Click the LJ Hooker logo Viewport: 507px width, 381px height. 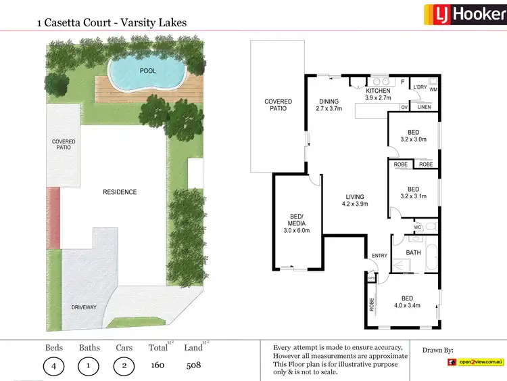[x=464, y=14]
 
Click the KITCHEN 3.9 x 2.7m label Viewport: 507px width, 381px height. [x=378, y=94]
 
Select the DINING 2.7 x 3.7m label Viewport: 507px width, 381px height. [x=329, y=105]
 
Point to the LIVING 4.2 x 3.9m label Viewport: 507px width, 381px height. [x=355, y=200]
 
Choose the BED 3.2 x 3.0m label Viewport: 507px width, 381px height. [x=413, y=136]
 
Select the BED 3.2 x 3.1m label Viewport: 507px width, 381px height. [x=413, y=193]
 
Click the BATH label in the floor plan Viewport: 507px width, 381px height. [x=414, y=253]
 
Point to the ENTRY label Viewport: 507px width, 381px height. [x=379, y=255]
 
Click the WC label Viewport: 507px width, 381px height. [x=417, y=226]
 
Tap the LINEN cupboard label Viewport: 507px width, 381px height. [x=424, y=107]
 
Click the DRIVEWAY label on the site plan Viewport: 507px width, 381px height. [x=84, y=307]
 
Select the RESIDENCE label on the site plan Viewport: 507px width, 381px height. [x=120, y=192]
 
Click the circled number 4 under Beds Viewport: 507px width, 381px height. [x=54, y=367]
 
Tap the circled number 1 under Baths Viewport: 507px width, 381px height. [x=89, y=367]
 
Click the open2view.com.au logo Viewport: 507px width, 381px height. [x=476, y=363]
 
